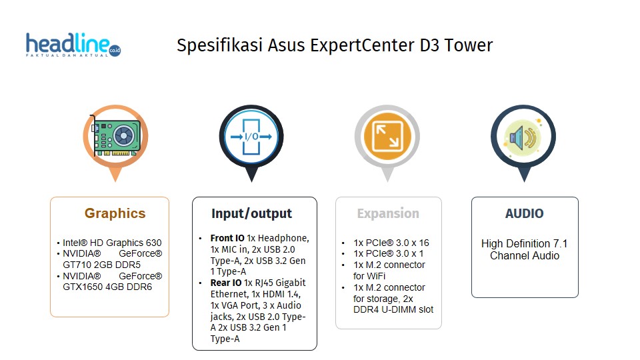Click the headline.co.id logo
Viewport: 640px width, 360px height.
pyautogui.click(x=73, y=45)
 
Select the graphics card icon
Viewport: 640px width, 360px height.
pyautogui.click(x=115, y=137)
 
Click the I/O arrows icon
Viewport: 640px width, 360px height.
pyautogui.click(x=251, y=137)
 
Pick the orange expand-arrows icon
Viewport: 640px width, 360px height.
pyautogui.click(x=387, y=137)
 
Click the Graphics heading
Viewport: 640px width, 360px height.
pyautogui.click(x=115, y=213)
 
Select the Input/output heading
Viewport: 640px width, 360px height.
pyautogui.click(x=251, y=213)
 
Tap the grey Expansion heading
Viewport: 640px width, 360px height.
pyautogui.click(x=388, y=214)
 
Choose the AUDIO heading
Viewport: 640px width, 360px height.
pyautogui.click(x=524, y=214)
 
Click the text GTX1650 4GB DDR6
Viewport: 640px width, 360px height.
pyautogui.click(x=107, y=287)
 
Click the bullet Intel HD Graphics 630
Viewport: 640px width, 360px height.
pyautogui.click(x=112, y=243)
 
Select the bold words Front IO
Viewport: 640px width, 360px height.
pyautogui.click(x=227, y=238)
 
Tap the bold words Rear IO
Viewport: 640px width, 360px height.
pyautogui.click(x=226, y=283)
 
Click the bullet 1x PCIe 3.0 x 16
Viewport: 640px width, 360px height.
pyautogui.click(x=391, y=243)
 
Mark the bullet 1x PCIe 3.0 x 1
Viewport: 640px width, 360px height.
pyautogui.click(x=388, y=253)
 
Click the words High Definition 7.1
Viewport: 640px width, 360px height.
pyautogui.click(x=524, y=243)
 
